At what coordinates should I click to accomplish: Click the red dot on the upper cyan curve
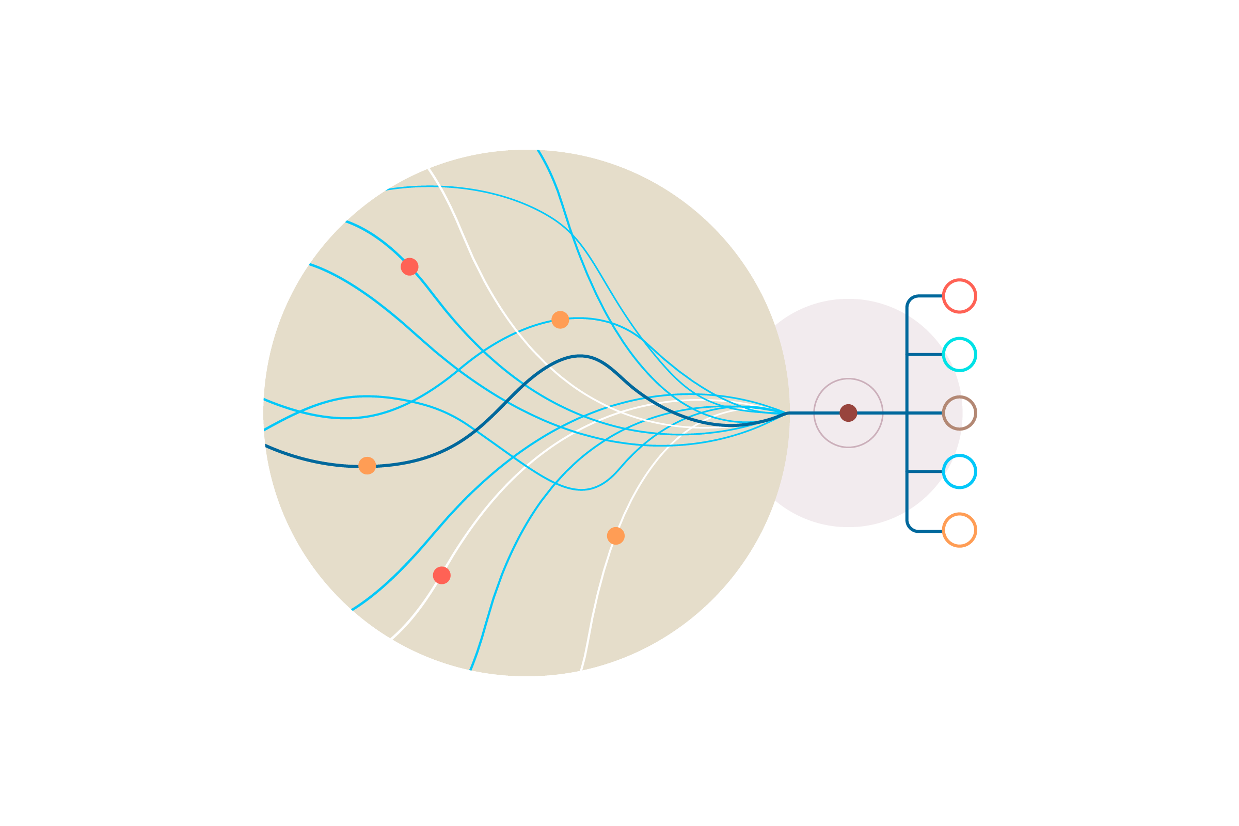[x=409, y=266]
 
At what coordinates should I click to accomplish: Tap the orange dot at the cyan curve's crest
[x=560, y=320]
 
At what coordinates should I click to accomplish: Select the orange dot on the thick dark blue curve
[x=367, y=466]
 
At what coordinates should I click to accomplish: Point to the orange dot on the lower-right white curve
[x=616, y=536]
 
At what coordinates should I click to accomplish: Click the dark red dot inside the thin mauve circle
[x=848, y=413]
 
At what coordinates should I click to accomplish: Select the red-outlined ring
[x=959, y=296]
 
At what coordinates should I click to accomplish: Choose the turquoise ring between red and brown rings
[x=959, y=355]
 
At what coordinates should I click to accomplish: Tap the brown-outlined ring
[x=959, y=413]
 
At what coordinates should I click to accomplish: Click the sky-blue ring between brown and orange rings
[x=959, y=471]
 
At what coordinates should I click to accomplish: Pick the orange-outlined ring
[x=959, y=530]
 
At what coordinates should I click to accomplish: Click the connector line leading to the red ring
[x=929, y=296]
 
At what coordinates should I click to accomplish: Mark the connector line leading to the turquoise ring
[x=925, y=355]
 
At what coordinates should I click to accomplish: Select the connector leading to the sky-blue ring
[x=925, y=471]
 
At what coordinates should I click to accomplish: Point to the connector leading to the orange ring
[x=929, y=531]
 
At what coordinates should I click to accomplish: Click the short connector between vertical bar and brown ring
[x=925, y=413]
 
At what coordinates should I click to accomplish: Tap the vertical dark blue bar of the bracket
[x=907, y=385]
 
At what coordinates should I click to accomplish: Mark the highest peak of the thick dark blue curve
[x=579, y=356]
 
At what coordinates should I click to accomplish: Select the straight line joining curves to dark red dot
[x=814, y=413]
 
